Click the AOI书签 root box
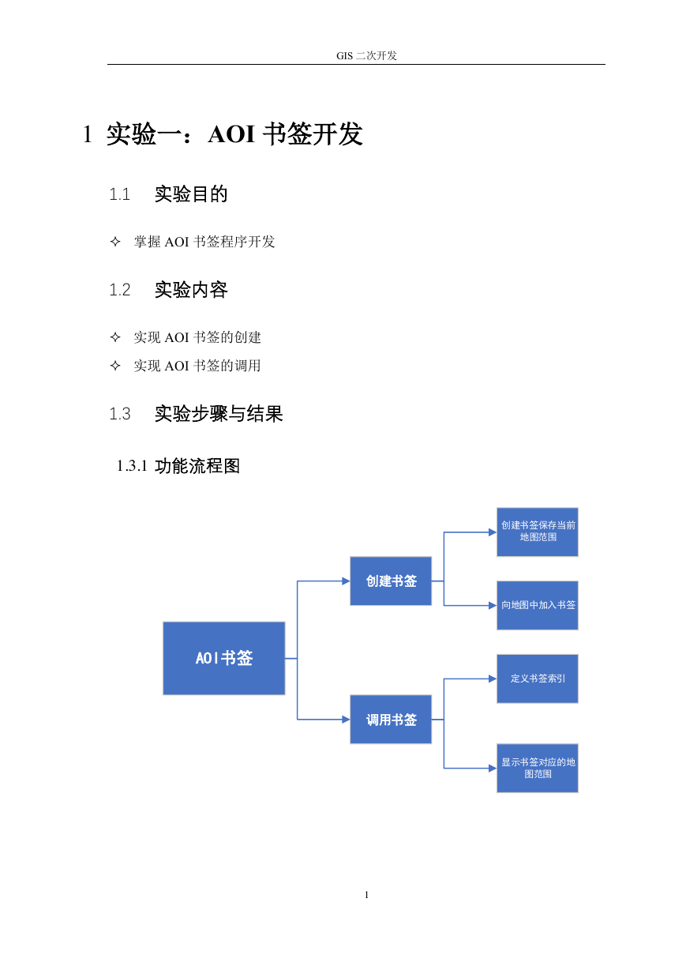[x=223, y=658]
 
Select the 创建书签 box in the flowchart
[x=391, y=581]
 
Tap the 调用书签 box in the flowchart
[x=391, y=720]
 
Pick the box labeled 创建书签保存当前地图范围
[x=538, y=532]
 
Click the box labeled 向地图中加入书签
[x=538, y=605]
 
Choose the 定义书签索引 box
[x=538, y=679]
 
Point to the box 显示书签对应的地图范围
[x=538, y=769]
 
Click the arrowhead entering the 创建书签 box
[x=346, y=581]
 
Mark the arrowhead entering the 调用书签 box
[x=346, y=720]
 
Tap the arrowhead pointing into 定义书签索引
[x=493, y=679]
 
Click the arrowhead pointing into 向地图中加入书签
[x=493, y=605]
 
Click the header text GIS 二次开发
[x=366, y=56]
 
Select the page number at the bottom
[x=366, y=895]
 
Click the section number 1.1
[x=119, y=194]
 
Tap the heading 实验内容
[x=191, y=290]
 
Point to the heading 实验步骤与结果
[x=219, y=414]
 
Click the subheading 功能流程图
[x=197, y=466]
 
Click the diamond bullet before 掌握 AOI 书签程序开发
[x=115, y=241]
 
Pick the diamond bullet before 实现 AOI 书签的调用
[x=115, y=366]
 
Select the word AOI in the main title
[x=231, y=133]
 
